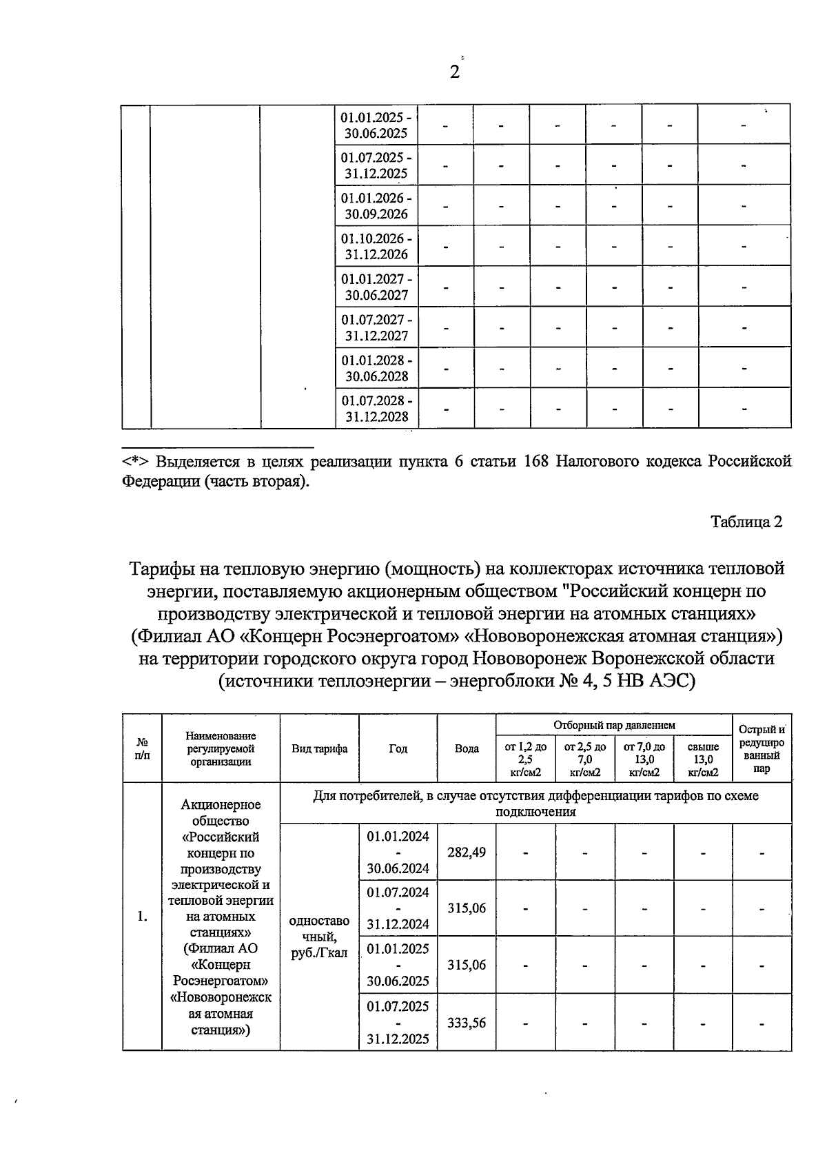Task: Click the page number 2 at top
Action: [454, 72]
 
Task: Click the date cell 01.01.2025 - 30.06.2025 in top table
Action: [376, 124]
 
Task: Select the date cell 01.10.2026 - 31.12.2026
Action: [376, 246]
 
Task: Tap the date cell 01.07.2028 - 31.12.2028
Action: [376, 408]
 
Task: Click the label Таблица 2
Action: [746, 522]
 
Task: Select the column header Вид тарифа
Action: [319, 748]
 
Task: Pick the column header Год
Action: [398, 748]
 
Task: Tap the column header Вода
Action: [467, 748]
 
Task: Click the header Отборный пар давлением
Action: [614, 725]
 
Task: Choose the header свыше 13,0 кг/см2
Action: [703, 759]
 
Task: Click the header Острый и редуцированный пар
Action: [762, 748]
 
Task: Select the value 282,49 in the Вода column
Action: [467, 852]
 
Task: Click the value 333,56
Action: [467, 1023]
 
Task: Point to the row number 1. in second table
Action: [142, 917]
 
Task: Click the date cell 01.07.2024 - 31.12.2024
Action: [398, 908]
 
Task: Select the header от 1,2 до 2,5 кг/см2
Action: [526, 759]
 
